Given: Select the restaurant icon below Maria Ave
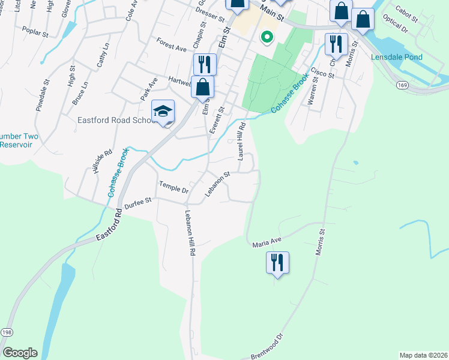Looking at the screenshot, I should pos(278,263).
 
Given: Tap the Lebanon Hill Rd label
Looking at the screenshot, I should pos(190,235).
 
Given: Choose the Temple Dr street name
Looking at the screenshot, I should pos(173,187).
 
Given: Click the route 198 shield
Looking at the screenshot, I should pos(7,332).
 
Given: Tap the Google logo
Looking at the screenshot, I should pos(20,353).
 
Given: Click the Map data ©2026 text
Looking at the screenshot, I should pos(423,355).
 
